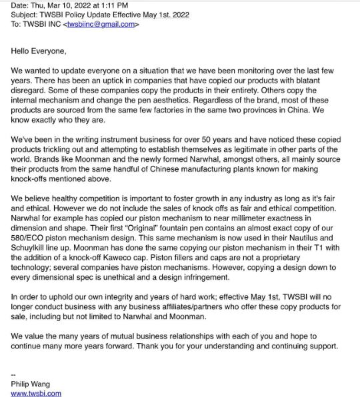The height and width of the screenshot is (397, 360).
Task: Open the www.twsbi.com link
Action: [x=36, y=393]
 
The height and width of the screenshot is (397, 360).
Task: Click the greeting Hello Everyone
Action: [x=39, y=49]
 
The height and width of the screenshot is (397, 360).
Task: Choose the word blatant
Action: [x=316, y=80]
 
